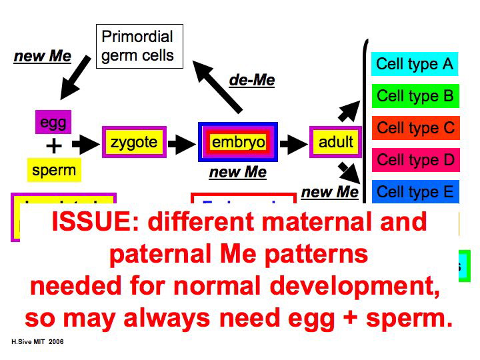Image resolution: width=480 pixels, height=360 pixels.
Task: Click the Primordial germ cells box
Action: pyautogui.click(x=137, y=46)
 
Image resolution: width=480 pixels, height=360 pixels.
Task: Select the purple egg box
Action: pyautogui.click(x=53, y=122)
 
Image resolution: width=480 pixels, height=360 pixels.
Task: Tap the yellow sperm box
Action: pyautogui.click(x=54, y=170)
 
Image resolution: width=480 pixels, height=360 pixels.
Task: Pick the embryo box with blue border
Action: pyautogui.click(x=238, y=142)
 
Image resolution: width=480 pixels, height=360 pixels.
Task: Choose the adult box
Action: pyautogui.click(x=336, y=142)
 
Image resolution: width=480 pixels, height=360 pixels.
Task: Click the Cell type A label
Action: pyautogui.click(x=414, y=64)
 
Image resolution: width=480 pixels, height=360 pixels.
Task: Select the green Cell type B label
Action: pyautogui.click(x=414, y=96)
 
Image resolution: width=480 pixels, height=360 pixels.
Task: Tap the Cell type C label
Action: pyautogui.click(x=414, y=127)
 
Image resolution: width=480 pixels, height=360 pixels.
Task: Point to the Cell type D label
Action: pyautogui.click(x=414, y=160)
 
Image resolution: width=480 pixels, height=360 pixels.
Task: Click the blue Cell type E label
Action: pyautogui.click(x=414, y=192)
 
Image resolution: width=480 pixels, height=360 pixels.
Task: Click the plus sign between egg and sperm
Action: pyautogui.click(x=53, y=146)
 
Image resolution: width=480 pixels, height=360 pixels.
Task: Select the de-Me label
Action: pyautogui.click(x=252, y=81)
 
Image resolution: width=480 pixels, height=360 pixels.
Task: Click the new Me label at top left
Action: pyautogui.click(x=42, y=56)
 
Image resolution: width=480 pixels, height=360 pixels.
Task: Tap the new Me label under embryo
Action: pyautogui.click(x=237, y=173)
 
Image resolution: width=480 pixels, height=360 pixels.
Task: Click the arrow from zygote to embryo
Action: pyautogui.click(x=180, y=143)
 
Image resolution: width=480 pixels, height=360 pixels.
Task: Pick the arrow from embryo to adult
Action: pyautogui.click(x=293, y=143)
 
